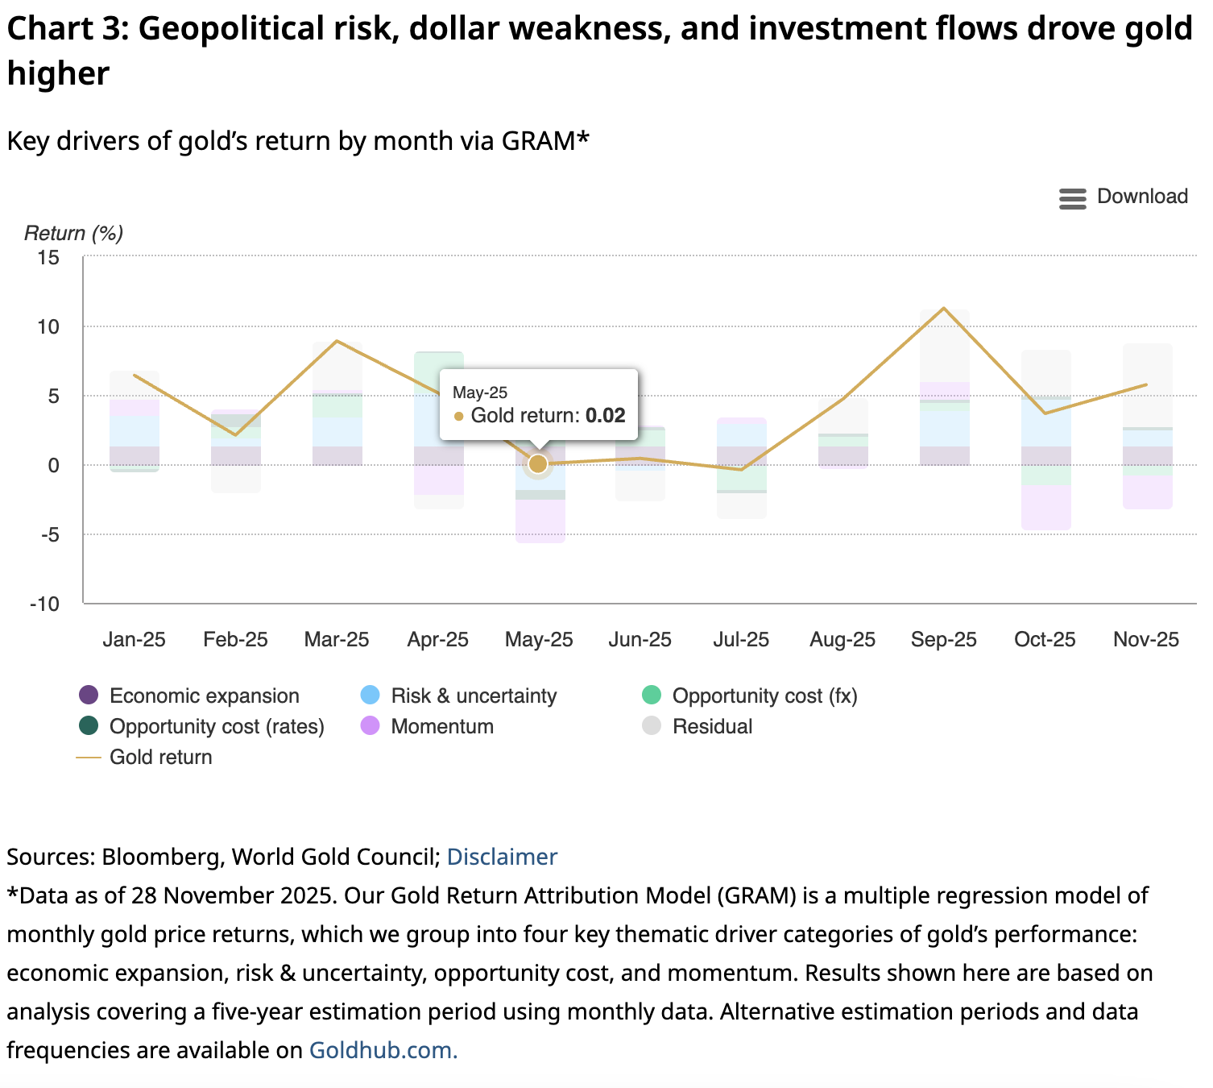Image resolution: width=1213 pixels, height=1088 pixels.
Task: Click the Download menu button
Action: pyautogui.click(x=1124, y=197)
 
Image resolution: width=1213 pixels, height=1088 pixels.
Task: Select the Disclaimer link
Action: pyautogui.click(x=501, y=857)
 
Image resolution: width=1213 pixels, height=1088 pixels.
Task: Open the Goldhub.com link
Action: pyautogui.click(x=383, y=1050)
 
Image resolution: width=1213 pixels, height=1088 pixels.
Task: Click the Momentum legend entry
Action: pyautogui.click(x=441, y=726)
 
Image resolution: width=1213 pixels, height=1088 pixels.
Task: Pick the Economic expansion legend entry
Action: pyautogui.click(x=204, y=696)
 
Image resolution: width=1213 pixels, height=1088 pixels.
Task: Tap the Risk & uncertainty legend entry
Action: pyautogui.click(x=473, y=696)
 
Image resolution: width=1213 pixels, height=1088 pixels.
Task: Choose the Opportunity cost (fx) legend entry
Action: pyautogui.click(x=764, y=696)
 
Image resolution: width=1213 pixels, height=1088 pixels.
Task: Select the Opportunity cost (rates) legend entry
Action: pyautogui.click(x=216, y=726)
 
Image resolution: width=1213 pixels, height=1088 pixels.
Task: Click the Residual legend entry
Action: pyautogui.click(x=712, y=726)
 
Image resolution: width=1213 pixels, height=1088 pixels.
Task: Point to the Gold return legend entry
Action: pyautogui.click(x=160, y=757)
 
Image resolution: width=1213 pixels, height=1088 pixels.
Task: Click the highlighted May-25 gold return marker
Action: pyautogui.click(x=538, y=464)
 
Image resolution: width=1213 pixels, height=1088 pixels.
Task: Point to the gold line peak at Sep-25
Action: pyautogui.click(x=944, y=309)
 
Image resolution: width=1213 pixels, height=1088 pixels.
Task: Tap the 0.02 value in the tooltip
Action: pyautogui.click(x=605, y=416)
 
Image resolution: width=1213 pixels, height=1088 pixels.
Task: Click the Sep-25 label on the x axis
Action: pyautogui.click(x=943, y=639)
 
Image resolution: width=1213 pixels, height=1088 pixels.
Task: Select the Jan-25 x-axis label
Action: pyautogui.click(x=134, y=639)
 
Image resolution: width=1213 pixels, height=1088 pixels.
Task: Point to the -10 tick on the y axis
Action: pyautogui.click(x=45, y=604)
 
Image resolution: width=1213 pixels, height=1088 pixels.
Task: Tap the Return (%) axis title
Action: pyautogui.click(x=73, y=233)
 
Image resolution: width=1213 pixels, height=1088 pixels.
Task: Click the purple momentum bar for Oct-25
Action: pyautogui.click(x=1045, y=508)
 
